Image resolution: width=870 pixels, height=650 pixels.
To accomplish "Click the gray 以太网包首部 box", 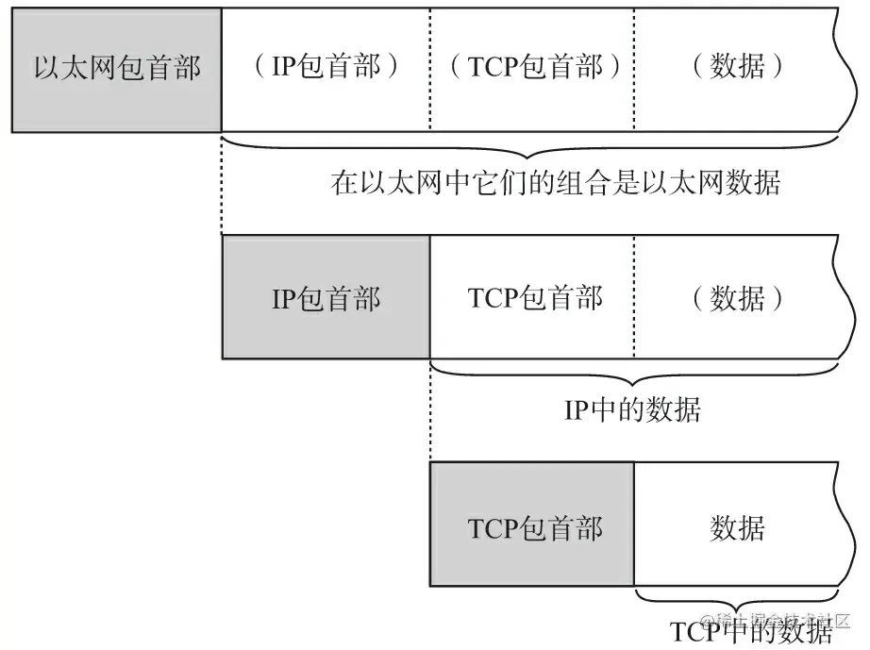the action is [x=116, y=70].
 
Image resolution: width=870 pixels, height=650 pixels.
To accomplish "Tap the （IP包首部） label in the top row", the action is [x=326, y=67].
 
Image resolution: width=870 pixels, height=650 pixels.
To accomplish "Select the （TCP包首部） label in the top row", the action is [x=535, y=67].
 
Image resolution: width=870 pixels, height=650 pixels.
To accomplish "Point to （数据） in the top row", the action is [x=737, y=67].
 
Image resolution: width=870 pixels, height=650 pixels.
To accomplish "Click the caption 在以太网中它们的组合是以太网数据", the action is [x=556, y=182].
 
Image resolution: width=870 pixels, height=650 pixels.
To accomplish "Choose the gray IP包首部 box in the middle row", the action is [x=326, y=297].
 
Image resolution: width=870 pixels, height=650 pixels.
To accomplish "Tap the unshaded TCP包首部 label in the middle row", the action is [x=535, y=298].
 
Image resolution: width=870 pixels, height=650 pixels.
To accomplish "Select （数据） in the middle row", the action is [x=737, y=298].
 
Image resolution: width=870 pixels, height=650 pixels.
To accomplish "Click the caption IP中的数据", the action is [x=632, y=409].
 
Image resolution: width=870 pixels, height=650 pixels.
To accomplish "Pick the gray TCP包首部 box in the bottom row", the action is [x=532, y=525].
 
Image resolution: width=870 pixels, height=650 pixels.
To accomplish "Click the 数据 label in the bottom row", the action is [x=737, y=527].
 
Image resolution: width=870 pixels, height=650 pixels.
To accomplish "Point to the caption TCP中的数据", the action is [x=752, y=632].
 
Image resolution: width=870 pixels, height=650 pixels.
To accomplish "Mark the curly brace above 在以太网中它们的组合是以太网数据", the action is [x=530, y=147].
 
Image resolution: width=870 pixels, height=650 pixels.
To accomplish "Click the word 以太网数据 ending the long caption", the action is [x=711, y=182].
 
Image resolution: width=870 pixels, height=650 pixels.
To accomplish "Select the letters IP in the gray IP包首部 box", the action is [x=284, y=299].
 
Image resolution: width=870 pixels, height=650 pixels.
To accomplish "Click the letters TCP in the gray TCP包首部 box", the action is [x=494, y=528].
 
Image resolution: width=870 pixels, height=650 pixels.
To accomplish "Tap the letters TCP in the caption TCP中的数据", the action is [x=696, y=632].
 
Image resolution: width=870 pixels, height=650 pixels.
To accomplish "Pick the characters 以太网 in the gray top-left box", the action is [x=75, y=68].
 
